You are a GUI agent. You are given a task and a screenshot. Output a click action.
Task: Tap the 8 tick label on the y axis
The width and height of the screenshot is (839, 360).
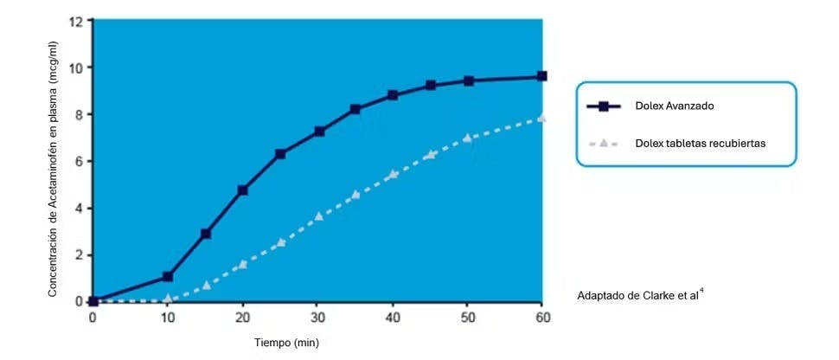click(x=80, y=114)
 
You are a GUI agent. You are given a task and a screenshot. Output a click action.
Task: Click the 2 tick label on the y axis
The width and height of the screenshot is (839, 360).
click(x=80, y=254)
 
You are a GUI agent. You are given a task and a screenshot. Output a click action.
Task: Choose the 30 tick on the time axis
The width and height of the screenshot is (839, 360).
click(x=317, y=317)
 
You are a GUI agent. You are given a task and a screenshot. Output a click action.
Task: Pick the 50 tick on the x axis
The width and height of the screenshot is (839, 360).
click(x=467, y=317)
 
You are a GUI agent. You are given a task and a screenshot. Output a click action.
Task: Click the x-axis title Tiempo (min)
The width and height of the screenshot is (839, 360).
click(x=286, y=343)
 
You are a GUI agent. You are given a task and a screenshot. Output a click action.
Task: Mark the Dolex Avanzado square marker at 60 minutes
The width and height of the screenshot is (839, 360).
click(x=542, y=76)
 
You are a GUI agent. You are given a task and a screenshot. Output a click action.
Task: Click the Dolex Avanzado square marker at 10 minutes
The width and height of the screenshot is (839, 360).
click(x=168, y=277)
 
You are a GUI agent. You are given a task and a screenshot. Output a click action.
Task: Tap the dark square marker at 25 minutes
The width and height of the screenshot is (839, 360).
click(x=280, y=154)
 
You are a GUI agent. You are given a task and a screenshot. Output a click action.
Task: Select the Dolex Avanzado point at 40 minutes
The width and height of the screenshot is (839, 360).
click(x=393, y=95)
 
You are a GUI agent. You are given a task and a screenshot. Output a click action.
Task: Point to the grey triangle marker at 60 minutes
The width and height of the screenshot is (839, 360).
click(x=542, y=118)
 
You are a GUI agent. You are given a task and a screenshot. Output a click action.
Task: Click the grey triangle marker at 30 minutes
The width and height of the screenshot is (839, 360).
click(x=318, y=215)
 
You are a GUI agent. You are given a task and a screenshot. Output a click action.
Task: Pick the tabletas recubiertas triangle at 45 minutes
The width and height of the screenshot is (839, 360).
click(x=430, y=155)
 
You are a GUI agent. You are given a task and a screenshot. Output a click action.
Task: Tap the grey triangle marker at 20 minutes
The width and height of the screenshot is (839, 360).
click(x=243, y=264)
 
